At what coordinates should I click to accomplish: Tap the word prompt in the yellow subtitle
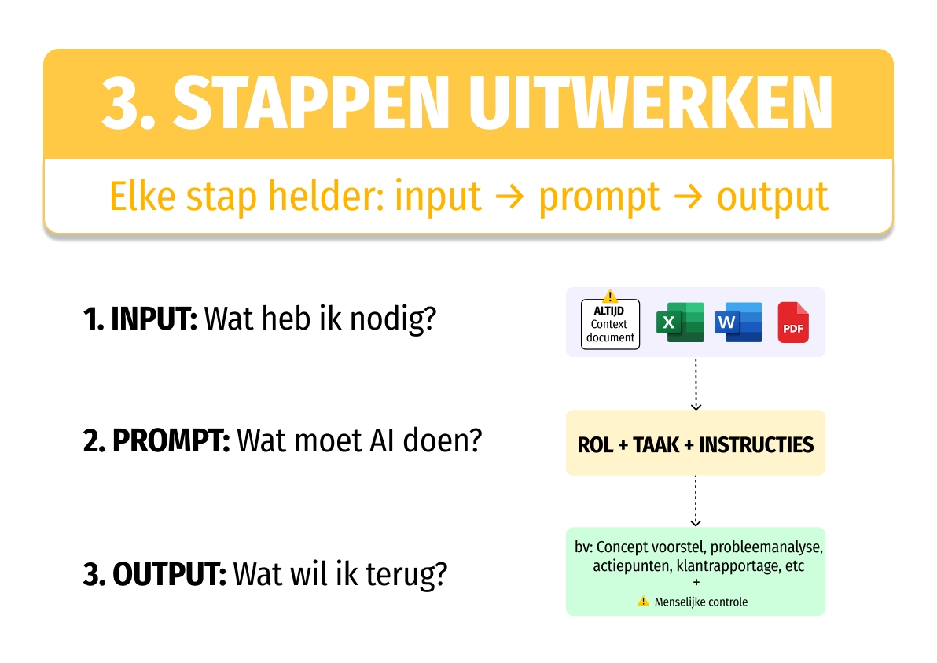599,197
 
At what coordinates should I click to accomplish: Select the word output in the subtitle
772,197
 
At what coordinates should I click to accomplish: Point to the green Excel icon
680,322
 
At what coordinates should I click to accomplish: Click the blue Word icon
738,322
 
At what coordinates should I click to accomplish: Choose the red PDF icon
793,322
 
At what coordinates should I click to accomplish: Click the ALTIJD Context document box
610,324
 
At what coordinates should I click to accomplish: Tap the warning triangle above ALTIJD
610,297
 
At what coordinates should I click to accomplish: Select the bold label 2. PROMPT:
156,441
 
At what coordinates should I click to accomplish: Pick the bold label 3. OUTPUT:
155,574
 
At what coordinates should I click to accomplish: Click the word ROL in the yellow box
595,445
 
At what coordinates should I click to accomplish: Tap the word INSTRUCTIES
755,445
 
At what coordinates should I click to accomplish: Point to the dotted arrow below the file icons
695,384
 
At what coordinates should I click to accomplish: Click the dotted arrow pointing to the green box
695,501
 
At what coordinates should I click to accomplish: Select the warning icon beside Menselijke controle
643,602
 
